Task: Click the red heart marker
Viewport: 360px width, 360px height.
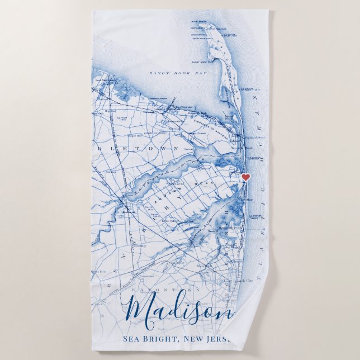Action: click(245, 177)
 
